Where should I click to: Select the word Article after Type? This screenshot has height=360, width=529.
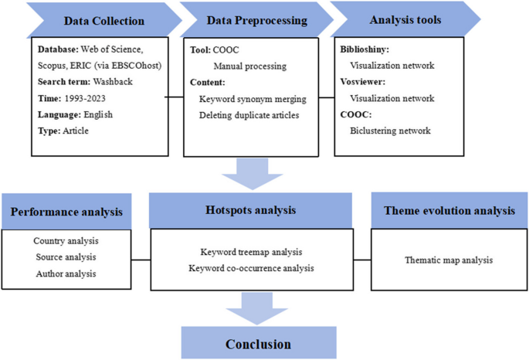[76, 131]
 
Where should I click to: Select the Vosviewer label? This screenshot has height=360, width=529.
[364, 82]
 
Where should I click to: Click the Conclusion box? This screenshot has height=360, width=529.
[258, 343]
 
